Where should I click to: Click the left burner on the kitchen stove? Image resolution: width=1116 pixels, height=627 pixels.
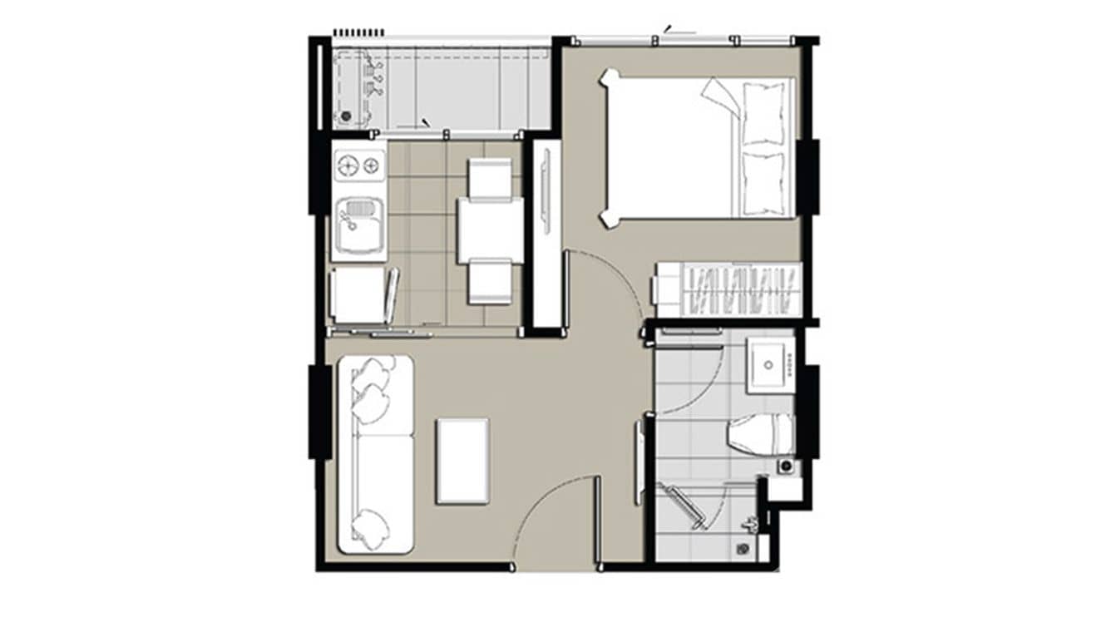348,166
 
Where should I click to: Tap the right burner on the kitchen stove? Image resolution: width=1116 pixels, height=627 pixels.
371,166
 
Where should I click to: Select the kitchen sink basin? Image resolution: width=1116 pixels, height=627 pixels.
359,225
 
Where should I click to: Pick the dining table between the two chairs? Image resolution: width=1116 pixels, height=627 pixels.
490,230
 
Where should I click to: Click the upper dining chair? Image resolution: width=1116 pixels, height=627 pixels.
490,178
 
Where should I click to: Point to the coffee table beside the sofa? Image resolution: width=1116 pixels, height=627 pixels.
462,461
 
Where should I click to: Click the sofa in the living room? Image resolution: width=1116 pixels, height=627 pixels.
374,454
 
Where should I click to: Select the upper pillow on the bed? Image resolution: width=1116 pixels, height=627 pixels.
763,113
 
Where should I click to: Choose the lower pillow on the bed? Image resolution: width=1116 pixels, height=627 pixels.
763,183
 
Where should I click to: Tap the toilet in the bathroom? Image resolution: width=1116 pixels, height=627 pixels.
758,434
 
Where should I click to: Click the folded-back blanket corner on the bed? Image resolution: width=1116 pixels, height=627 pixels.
720,97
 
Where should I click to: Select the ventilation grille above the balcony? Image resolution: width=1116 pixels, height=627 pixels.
358,32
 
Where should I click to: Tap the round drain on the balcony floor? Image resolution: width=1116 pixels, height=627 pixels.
346,116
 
